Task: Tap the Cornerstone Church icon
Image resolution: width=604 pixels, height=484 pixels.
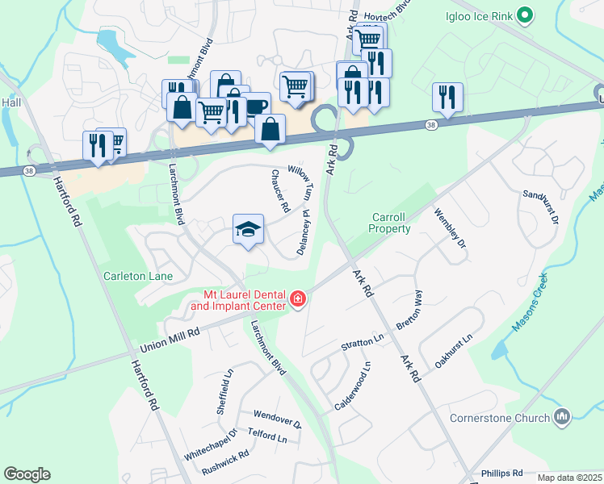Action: [562, 417]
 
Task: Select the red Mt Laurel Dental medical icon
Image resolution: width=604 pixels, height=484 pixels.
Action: [298, 300]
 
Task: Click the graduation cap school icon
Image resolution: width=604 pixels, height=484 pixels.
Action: [249, 229]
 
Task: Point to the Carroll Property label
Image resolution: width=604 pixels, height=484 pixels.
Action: [392, 223]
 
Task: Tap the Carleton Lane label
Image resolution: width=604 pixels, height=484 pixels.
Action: [138, 276]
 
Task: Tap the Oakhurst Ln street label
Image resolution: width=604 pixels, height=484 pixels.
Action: [453, 353]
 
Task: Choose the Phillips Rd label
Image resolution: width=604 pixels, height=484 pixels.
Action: [501, 474]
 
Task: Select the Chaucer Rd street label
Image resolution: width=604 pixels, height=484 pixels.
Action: [279, 191]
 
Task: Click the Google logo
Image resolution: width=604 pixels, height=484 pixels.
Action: [27, 474]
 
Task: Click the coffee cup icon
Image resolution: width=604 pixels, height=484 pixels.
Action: [256, 106]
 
